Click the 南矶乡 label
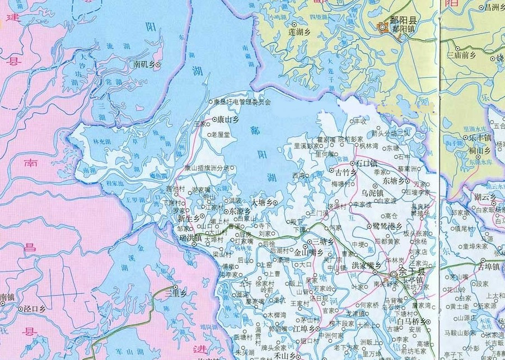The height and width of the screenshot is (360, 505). click(x=144, y=65)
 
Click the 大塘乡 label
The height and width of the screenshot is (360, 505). click(x=262, y=202)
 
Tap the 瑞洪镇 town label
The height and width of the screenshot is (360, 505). click(x=191, y=239)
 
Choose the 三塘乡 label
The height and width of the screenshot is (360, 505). click(x=324, y=241)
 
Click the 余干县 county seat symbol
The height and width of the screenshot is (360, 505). click(x=394, y=273)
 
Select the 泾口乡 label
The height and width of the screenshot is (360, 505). click(x=34, y=308)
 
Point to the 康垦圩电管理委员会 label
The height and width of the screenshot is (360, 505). click(x=242, y=102)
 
